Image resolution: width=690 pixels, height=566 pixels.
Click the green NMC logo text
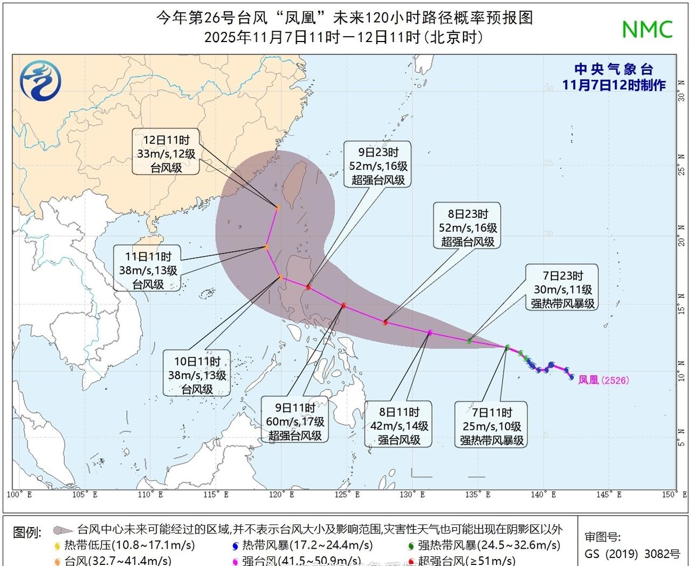click(x=647, y=29)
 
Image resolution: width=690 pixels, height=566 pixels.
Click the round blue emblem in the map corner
click(x=40, y=80)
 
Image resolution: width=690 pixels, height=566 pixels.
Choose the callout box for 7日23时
click(x=563, y=289)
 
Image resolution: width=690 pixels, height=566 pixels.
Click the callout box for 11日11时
click(x=148, y=269)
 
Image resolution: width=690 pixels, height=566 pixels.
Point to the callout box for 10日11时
click(x=197, y=375)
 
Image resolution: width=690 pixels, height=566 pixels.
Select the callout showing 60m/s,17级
click(x=295, y=421)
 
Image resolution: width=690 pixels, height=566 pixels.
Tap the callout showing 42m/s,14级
click(x=399, y=425)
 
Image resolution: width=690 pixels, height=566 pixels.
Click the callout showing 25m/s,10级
click(x=492, y=425)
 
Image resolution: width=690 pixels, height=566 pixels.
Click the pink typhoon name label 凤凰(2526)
click(x=603, y=380)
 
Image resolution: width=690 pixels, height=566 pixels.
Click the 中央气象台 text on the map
click(x=613, y=69)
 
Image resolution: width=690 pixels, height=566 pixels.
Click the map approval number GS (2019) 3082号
click(x=632, y=554)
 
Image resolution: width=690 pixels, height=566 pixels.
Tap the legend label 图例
click(x=27, y=533)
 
